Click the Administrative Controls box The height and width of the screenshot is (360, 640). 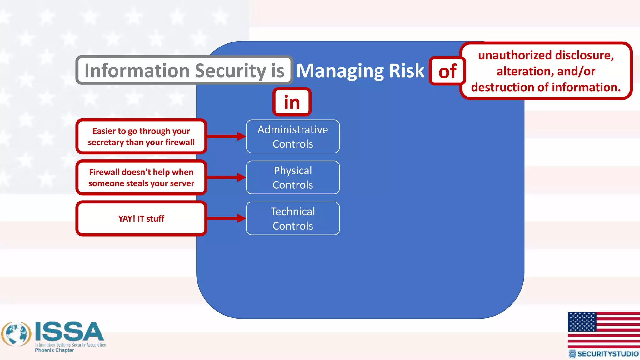click(293, 137)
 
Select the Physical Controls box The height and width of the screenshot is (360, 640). click(293, 177)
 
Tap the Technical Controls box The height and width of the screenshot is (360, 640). click(293, 218)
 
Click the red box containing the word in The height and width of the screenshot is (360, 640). click(292, 102)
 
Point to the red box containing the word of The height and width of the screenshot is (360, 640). click(447, 71)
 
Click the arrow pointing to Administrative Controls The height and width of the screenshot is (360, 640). click(226, 136)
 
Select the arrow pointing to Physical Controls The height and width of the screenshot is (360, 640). click(226, 177)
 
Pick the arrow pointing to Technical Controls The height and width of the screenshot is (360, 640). click(226, 218)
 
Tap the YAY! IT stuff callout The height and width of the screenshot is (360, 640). click(141, 218)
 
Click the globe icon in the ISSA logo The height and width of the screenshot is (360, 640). click(16, 334)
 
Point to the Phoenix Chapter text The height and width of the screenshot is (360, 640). click(54, 350)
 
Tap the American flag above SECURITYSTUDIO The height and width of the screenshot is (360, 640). click(603, 330)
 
